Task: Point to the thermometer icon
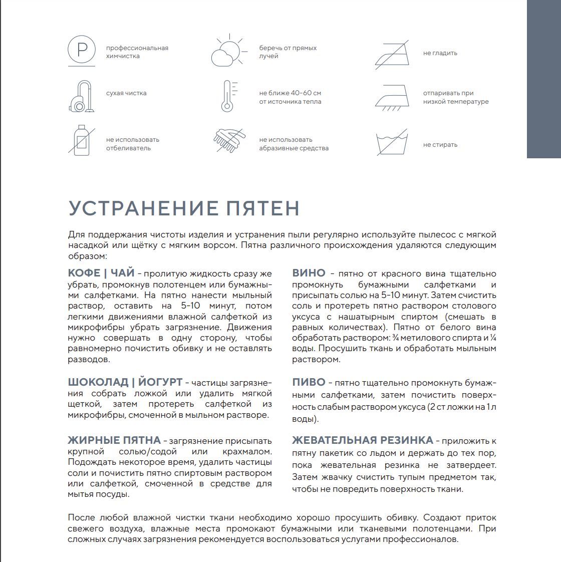click(x=228, y=96)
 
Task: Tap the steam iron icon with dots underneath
click(x=392, y=97)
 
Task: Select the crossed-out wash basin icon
click(x=392, y=142)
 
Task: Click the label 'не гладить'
click(x=440, y=53)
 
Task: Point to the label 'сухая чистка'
click(x=126, y=93)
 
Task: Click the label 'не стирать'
click(x=440, y=145)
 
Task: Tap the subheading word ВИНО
click(x=309, y=273)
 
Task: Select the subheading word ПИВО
click(x=309, y=382)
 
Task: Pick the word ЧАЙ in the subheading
click(x=123, y=273)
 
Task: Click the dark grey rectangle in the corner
click(x=543, y=79)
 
